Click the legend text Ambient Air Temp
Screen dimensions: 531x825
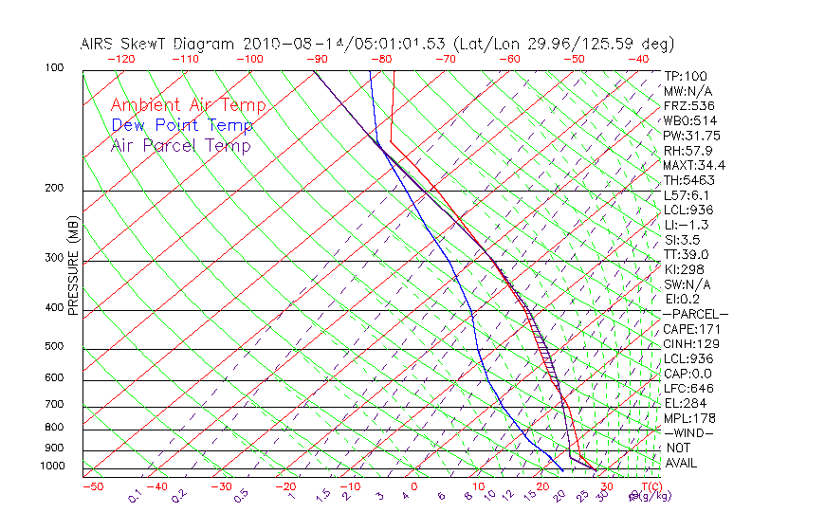click(x=188, y=106)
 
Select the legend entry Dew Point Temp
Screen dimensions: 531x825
click(x=182, y=126)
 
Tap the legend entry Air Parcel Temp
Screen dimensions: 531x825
click(x=180, y=146)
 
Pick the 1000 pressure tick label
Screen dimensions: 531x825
click(x=53, y=467)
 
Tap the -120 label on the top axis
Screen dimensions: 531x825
click(x=120, y=59)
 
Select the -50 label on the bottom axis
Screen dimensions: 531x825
click(x=92, y=486)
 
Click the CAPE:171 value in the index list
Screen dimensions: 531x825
click(x=692, y=329)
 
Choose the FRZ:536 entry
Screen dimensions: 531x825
click(x=689, y=106)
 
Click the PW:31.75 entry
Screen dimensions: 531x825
click(x=692, y=136)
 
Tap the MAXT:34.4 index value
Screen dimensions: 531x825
click(x=696, y=165)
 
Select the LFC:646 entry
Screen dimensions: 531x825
click(x=689, y=388)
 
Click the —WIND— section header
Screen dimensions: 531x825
click(x=689, y=432)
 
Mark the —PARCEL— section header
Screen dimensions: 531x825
click(x=695, y=314)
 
